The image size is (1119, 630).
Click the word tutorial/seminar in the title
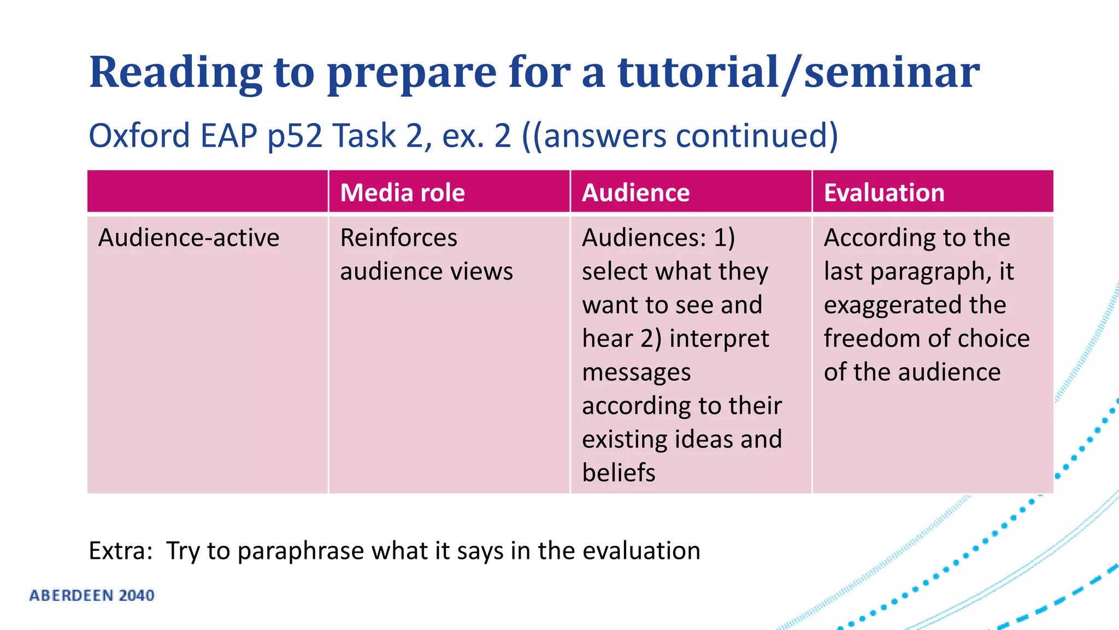click(798, 73)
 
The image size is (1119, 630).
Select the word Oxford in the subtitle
click(139, 136)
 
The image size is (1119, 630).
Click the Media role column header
click(402, 192)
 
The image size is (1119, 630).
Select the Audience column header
click(635, 192)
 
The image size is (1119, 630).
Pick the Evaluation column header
click(884, 192)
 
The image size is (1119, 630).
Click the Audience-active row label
click(189, 238)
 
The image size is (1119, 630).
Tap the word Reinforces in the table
click(398, 238)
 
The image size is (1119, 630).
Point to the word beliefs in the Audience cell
click(618, 473)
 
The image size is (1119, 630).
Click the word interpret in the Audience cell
click(718, 339)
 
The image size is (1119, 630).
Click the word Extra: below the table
click(120, 551)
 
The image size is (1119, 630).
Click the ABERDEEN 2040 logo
click(92, 596)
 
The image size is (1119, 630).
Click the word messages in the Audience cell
click(636, 372)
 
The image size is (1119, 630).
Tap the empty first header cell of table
click(207, 191)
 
